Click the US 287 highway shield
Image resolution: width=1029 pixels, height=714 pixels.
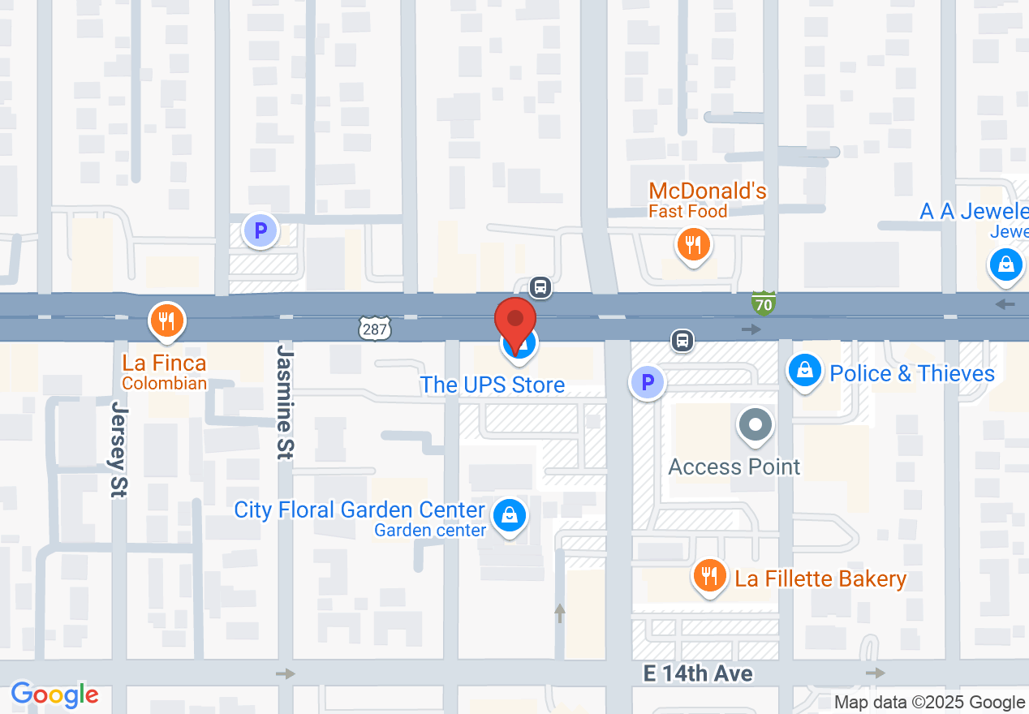(x=375, y=328)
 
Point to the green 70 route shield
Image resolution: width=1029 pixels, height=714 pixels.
(x=764, y=303)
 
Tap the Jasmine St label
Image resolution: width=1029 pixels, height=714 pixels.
(x=284, y=402)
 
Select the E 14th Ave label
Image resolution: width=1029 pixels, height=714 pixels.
(x=698, y=673)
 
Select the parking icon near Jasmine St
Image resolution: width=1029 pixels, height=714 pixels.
(x=260, y=231)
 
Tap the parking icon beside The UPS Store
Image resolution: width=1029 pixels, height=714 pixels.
(x=648, y=381)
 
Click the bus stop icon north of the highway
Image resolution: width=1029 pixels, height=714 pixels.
(x=540, y=286)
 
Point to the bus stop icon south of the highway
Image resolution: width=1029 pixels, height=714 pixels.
(x=682, y=340)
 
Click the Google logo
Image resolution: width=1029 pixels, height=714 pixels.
(x=55, y=695)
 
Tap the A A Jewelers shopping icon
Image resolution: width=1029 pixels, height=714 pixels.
(x=1005, y=265)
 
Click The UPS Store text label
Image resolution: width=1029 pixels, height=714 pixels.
(x=493, y=385)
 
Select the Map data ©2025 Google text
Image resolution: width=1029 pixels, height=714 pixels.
(x=929, y=703)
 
